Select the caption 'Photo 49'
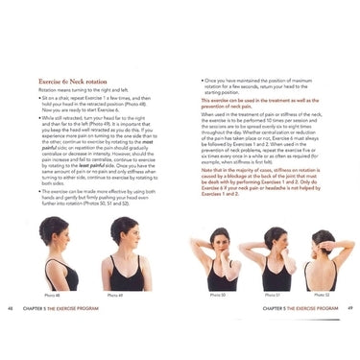(114, 295)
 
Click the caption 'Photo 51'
(273, 295)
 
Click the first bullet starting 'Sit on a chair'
(90, 105)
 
